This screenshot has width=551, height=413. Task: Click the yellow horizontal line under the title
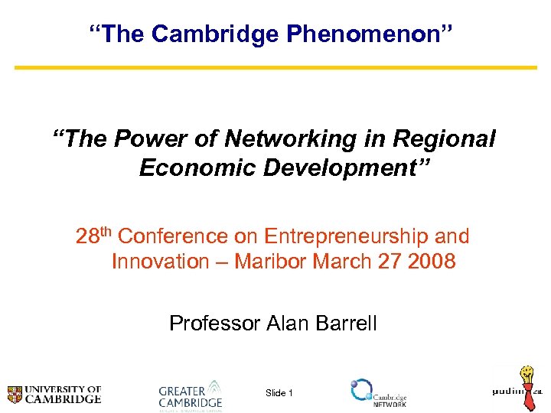(275, 67)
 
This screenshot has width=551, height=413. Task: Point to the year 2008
(432, 262)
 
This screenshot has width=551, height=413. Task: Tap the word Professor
(214, 324)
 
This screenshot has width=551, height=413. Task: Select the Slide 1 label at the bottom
(279, 393)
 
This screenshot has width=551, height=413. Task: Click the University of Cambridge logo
(54, 394)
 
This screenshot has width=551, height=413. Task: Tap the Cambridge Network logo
(378, 393)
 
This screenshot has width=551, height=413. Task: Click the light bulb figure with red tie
(528, 386)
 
